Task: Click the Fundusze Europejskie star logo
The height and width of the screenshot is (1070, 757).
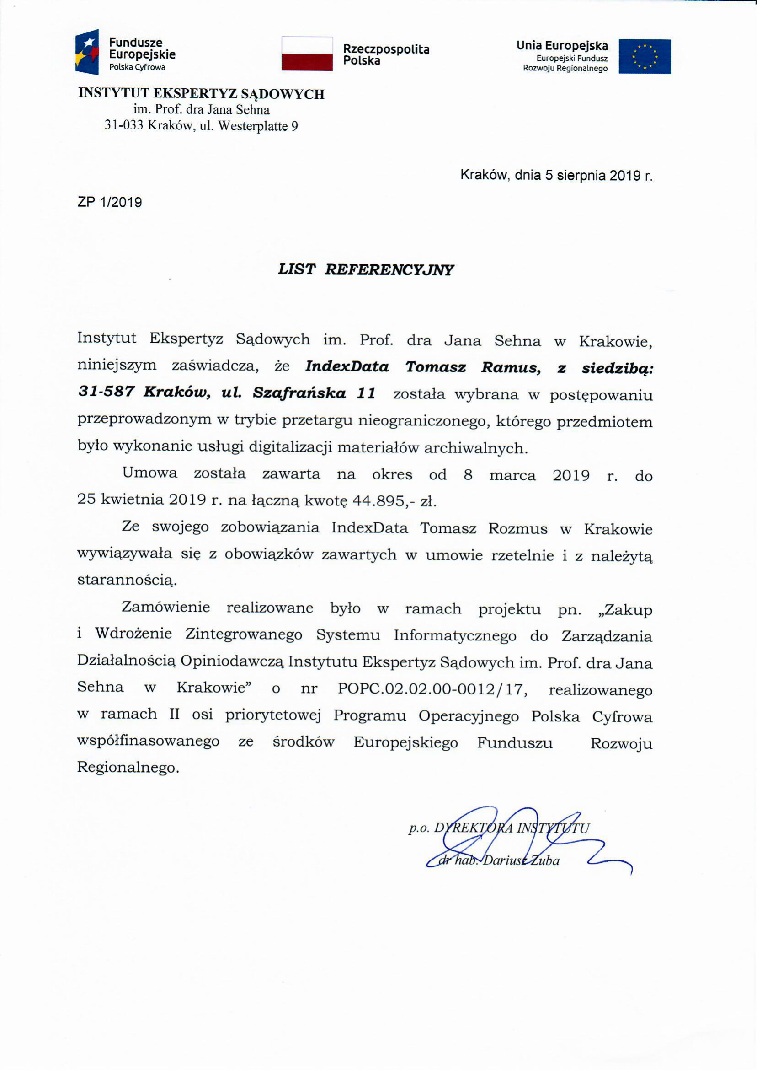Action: pyautogui.click(x=87, y=52)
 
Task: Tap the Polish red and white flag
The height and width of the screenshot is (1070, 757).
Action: pyautogui.click(x=307, y=54)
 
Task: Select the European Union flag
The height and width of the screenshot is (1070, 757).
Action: pyautogui.click(x=644, y=56)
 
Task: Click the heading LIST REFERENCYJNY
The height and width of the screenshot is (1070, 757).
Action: pyautogui.click(x=365, y=269)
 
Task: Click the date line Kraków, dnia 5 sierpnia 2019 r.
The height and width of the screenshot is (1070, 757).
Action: pyautogui.click(x=556, y=175)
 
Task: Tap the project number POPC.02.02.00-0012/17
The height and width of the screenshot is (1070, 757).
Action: pyautogui.click(x=432, y=689)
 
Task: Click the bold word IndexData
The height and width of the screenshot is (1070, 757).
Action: pyautogui.click(x=347, y=367)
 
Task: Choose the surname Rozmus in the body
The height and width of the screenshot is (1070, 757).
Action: pyautogui.click(x=518, y=528)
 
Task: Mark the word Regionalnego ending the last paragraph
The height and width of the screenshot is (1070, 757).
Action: pyautogui.click(x=128, y=767)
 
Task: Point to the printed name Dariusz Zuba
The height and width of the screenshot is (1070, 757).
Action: pyautogui.click(x=521, y=860)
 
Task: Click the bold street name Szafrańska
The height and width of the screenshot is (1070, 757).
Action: pyautogui.click(x=299, y=393)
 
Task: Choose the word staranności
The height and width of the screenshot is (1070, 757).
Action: pyautogui.click(x=127, y=580)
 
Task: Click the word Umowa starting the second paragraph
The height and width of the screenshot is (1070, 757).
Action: pyautogui.click(x=149, y=473)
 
